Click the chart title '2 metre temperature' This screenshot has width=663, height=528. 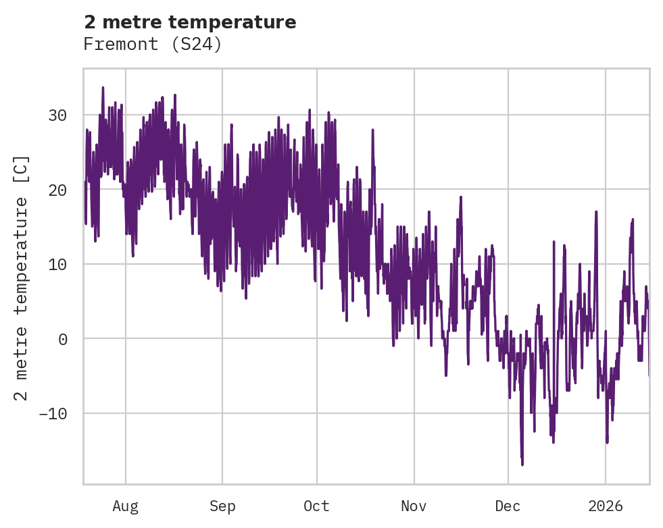190,22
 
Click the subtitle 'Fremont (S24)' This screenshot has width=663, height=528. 153,45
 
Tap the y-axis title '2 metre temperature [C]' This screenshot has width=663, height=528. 22,278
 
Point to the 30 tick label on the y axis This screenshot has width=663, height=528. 57,115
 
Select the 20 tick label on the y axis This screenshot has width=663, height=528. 57,190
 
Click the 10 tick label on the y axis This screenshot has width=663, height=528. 57,264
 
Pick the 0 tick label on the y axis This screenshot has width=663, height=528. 62,339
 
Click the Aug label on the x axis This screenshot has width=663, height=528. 125,506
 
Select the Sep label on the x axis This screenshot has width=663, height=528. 222,506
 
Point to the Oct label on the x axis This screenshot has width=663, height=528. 316,506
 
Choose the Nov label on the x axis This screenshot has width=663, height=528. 414,506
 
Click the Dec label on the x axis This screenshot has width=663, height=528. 508,506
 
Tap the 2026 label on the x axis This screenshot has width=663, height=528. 606,506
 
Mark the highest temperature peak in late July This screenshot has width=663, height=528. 103,87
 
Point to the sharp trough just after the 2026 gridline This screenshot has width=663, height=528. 607,442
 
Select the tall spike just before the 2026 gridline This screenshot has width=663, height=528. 596,212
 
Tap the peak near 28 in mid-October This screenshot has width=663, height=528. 372,129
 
